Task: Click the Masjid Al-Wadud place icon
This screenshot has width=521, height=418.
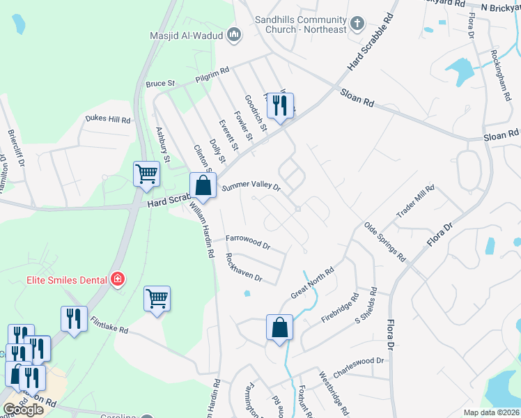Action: (234, 35)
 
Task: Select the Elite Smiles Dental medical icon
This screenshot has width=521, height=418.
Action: (118, 280)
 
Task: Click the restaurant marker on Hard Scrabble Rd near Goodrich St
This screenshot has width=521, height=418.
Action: (281, 106)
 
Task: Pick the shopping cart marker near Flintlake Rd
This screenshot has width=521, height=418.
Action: (157, 299)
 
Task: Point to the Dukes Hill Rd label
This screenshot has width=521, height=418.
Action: (108, 119)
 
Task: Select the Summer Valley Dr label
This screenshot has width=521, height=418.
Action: (251, 187)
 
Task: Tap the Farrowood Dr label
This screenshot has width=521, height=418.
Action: (247, 241)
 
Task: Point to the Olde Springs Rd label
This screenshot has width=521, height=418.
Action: (384, 242)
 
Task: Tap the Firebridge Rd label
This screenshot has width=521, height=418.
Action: (345, 307)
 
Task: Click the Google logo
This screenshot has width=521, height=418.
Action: (23, 409)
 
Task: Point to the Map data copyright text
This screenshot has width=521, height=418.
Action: (491, 412)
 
